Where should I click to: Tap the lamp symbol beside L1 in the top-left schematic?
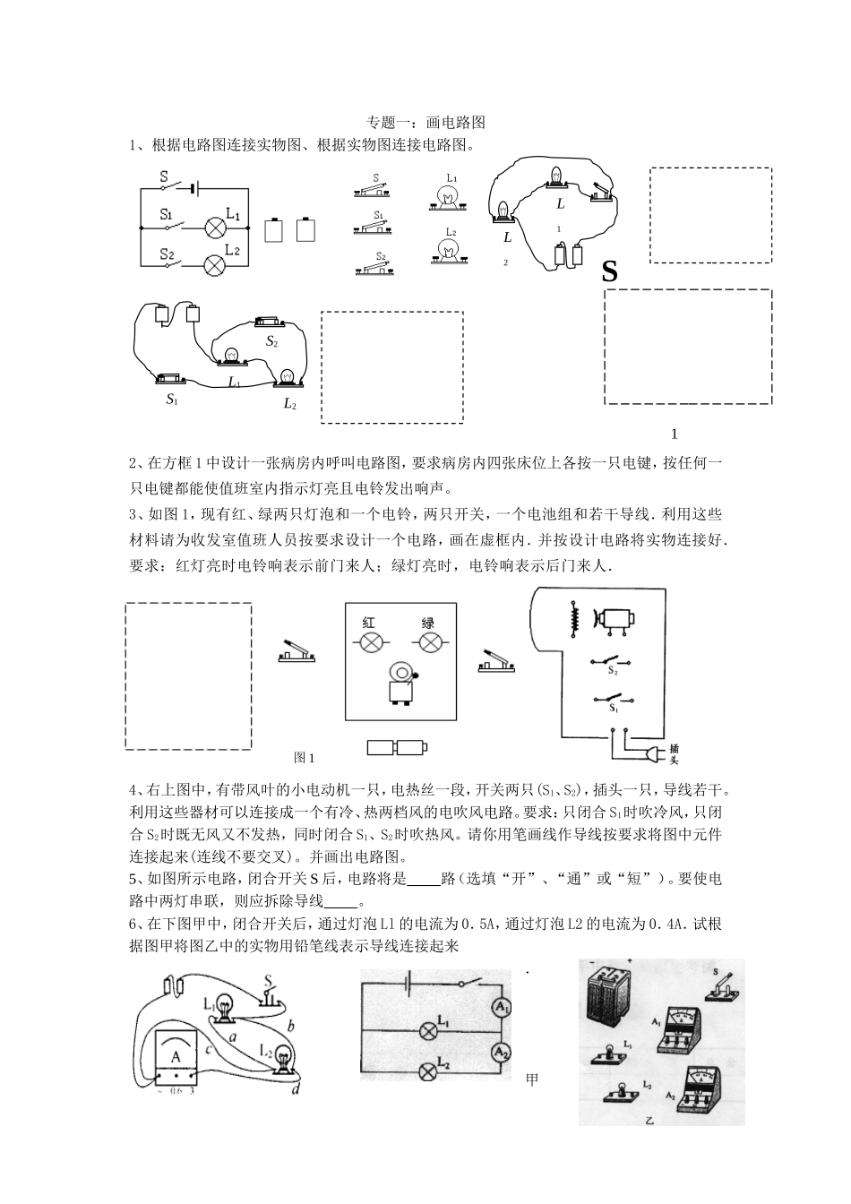pos(215,226)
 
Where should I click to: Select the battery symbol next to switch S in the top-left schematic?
pos(194,188)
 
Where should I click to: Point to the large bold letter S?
pos(610,271)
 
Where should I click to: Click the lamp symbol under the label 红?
pos(370,641)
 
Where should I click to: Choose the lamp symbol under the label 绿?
pos(432,641)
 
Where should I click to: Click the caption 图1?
pos(305,758)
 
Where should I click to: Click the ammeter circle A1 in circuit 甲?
pos(501,1008)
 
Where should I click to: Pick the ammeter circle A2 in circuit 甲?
pos(501,1051)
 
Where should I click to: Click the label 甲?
pos(532,1080)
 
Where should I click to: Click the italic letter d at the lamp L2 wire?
pos(296,1089)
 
